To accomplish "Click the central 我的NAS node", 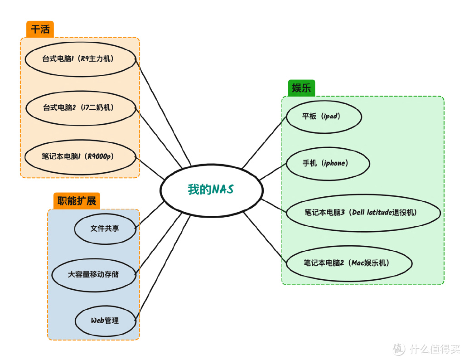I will coord(211,190).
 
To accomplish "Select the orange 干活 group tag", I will coord(40,29).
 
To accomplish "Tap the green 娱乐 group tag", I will coord(301,88).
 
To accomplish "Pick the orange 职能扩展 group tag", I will coord(77,201).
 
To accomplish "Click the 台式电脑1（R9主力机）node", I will coord(80,59).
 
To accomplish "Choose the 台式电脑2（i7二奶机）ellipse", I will coord(80,108).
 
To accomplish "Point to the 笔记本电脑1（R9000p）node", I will coord(80,157).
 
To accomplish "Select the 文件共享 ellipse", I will coord(105,229).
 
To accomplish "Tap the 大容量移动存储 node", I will coord(94,274).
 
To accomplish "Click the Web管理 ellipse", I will coord(105,321).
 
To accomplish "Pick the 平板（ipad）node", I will coord(324,117).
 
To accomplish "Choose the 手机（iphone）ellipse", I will coord(328,163).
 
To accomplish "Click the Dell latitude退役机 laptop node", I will coord(363,213).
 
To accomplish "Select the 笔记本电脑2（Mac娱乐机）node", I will coord(349,263).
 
